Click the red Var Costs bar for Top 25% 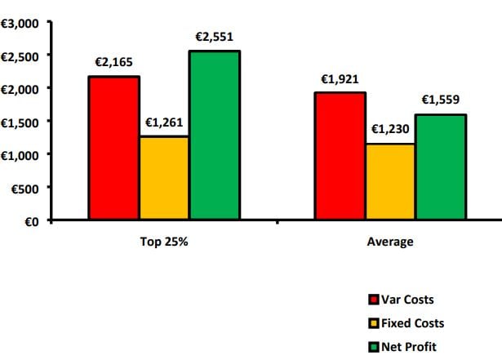pyautogui.click(x=114, y=148)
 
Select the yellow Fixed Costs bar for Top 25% pyautogui.click(x=164, y=178)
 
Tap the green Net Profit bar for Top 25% pyautogui.click(x=215, y=136)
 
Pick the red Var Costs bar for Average pyautogui.click(x=340, y=156)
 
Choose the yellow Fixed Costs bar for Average pyautogui.click(x=390, y=182)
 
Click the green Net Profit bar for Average pyautogui.click(x=441, y=167)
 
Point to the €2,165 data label pyautogui.click(x=115, y=61)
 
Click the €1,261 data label pyautogui.click(x=164, y=122)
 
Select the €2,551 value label pyautogui.click(x=215, y=37)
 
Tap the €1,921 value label pyautogui.click(x=340, y=78)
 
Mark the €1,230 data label pyautogui.click(x=391, y=129)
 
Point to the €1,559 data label pyautogui.click(x=441, y=100)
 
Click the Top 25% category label pyautogui.click(x=164, y=242)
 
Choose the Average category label pyautogui.click(x=390, y=242)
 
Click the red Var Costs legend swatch pyautogui.click(x=375, y=300)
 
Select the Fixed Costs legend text pyautogui.click(x=411, y=324)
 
